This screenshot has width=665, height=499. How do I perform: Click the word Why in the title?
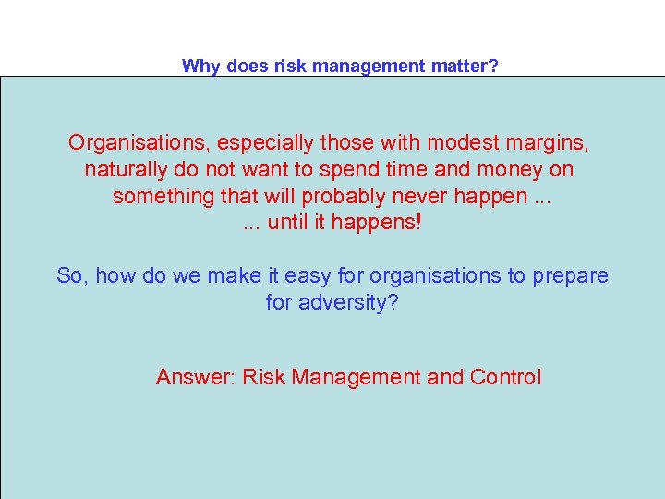click(199, 66)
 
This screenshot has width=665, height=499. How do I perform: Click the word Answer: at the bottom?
click(196, 377)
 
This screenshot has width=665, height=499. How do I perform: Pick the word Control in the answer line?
click(505, 377)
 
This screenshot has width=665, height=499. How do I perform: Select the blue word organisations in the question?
click(445, 275)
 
